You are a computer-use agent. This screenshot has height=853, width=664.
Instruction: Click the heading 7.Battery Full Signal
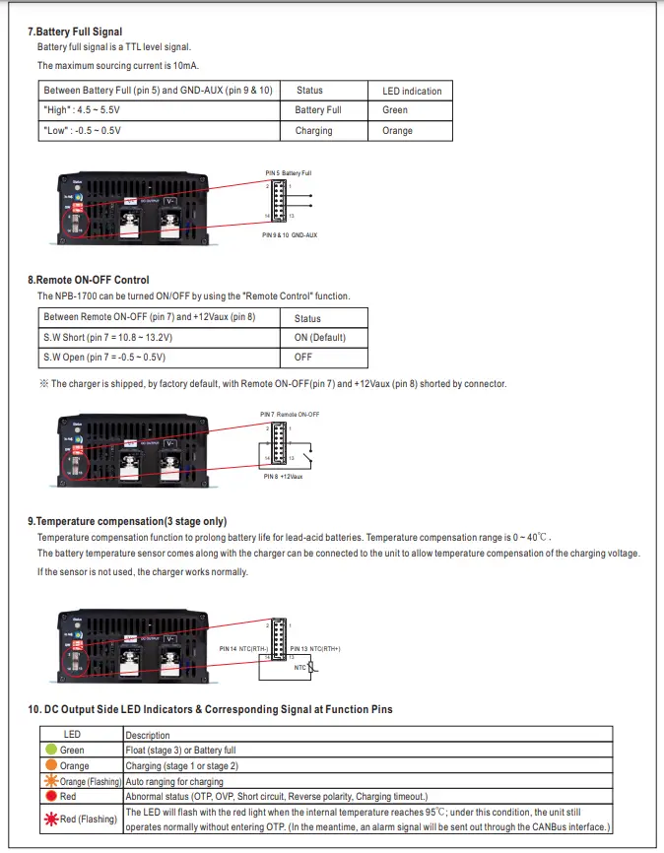74,33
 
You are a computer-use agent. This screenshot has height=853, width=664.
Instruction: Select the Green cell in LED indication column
394,110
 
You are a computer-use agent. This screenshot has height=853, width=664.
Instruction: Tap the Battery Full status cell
317,110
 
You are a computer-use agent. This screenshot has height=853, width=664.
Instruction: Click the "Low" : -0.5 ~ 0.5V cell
83,130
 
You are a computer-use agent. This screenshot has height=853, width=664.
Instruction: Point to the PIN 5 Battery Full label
288,172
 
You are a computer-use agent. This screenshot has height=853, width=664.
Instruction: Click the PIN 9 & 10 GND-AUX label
289,235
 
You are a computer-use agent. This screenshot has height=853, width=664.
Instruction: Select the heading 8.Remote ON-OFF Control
88,280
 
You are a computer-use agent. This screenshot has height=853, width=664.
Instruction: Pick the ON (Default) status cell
320,338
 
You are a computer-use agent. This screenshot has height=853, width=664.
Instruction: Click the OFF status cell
303,358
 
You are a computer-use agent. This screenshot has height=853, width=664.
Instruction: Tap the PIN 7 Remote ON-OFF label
290,414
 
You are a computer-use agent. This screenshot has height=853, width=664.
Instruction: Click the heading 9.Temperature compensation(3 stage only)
126,520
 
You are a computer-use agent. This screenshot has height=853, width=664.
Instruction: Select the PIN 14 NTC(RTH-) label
243,649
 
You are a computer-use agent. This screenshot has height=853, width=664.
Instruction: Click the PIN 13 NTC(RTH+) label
314,649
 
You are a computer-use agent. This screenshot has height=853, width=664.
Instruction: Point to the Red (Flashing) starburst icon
50,820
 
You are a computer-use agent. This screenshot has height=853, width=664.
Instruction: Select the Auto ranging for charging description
174,781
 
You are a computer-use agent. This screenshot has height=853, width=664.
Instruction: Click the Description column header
147,735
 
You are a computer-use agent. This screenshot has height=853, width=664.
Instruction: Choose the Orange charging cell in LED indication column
397,130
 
